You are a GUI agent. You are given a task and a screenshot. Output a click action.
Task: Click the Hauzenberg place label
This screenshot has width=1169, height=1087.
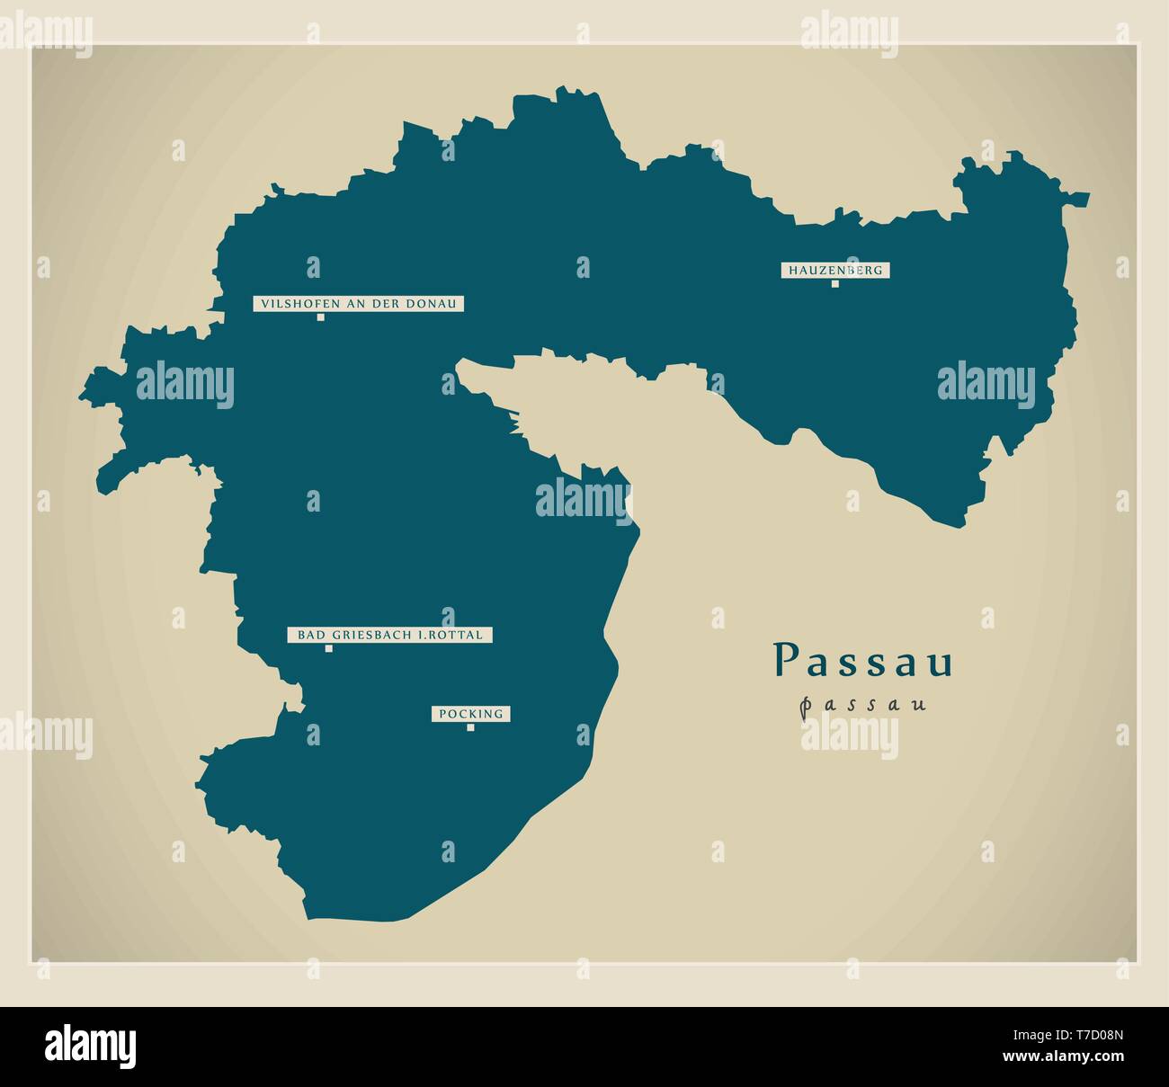(834, 270)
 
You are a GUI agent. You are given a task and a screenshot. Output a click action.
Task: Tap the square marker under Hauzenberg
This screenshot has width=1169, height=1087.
(834, 284)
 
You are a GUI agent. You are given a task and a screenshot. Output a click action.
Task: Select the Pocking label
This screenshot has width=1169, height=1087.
(470, 714)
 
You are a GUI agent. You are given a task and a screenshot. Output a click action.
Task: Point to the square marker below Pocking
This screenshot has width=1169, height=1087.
(470, 727)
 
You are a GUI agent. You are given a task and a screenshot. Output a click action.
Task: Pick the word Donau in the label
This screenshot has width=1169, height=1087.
(436, 304)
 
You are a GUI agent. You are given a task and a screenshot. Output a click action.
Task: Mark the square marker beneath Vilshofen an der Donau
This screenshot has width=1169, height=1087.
(320, 317)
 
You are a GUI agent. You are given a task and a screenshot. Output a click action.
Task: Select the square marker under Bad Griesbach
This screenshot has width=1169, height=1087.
(328, 648)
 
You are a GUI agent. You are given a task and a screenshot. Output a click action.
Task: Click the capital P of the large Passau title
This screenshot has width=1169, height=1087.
(785, 661)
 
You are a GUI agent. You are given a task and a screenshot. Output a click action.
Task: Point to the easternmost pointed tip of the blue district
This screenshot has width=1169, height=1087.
(1088, 194)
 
